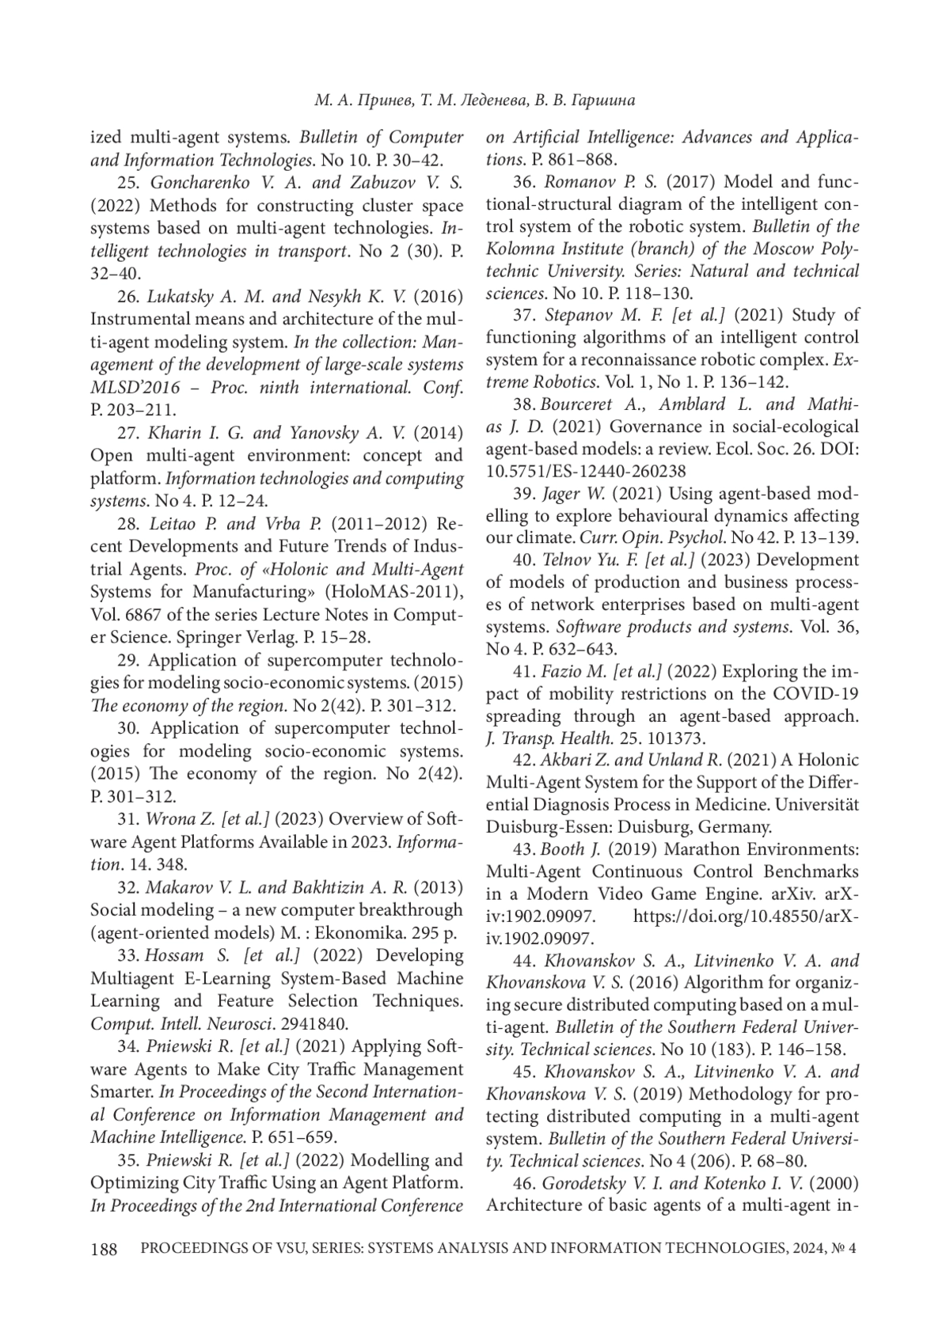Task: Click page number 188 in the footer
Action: pyautogui.click(x=104, y=1250)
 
